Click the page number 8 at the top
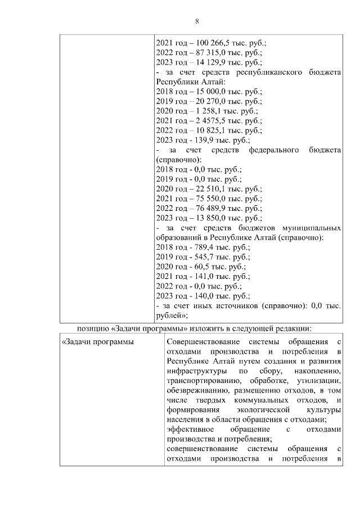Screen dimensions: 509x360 [197, 21]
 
